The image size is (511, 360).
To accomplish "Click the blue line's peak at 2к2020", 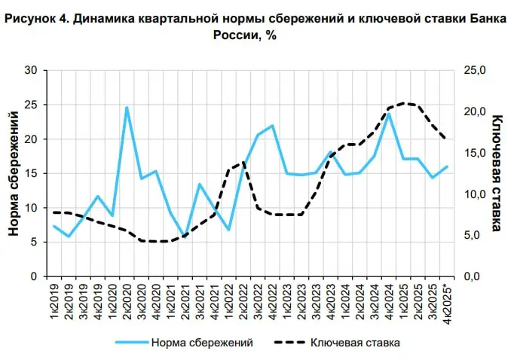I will pyautogui.click(x=127, y=107).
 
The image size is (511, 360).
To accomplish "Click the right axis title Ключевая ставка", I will pyautogui.click(x=497, y=172).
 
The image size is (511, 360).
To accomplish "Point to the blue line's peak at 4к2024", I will pyautogui.click(x=390, y=114).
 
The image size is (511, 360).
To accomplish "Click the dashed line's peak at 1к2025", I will pyautogui.click(x=405, y=103).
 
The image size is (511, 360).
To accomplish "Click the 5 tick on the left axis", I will pyautogui.click(x=34, y=242).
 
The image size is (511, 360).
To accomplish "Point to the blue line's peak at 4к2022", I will pyautogui.click(x=273, y=126).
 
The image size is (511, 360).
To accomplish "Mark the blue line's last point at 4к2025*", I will pyautogui.click(x=448, y=166).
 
